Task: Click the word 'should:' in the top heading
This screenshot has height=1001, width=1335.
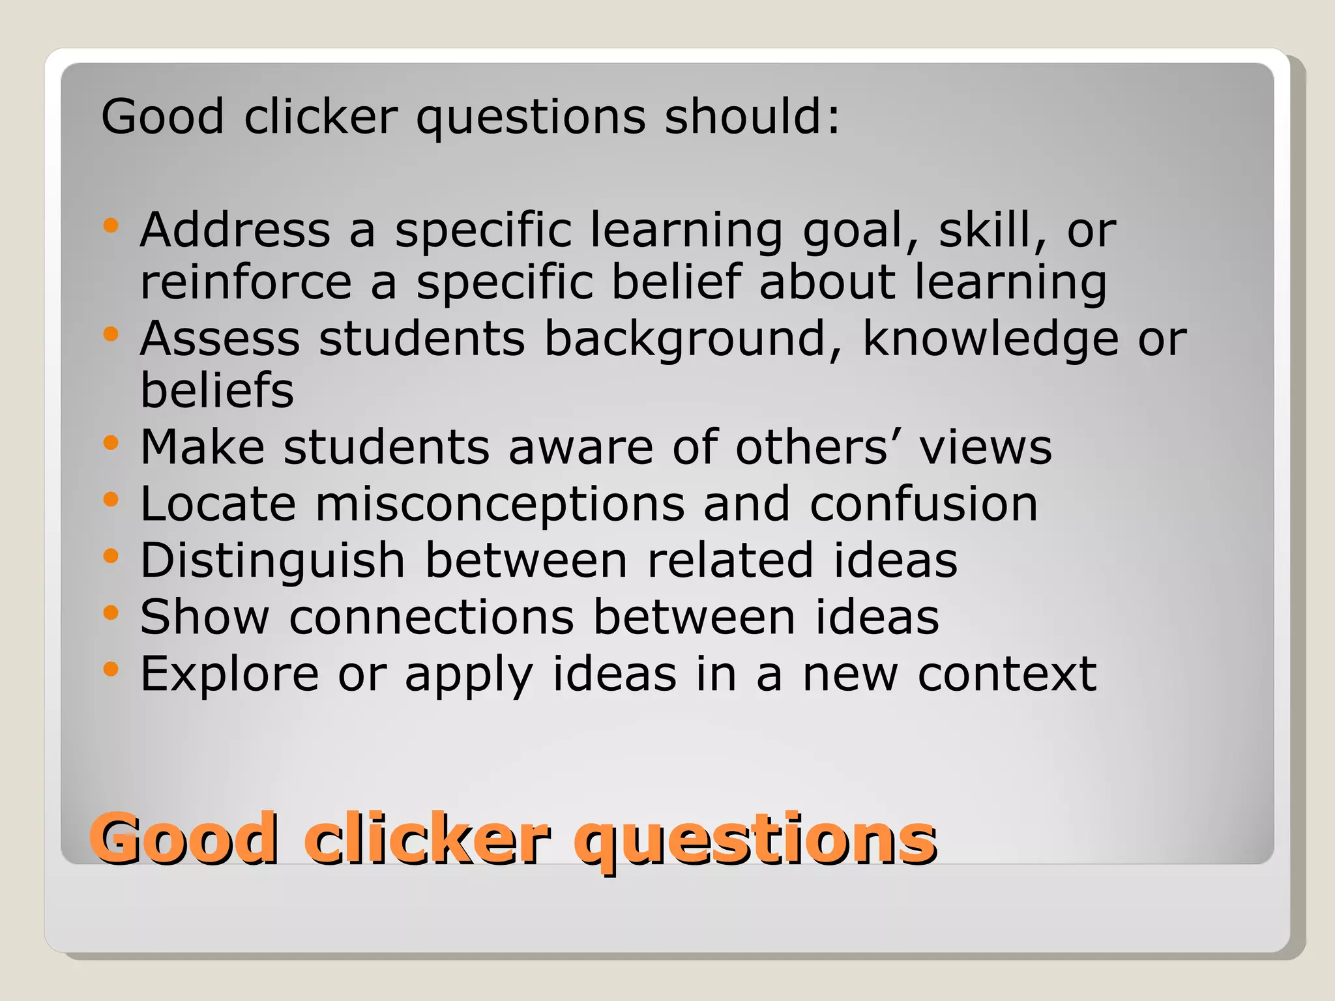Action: click(x=752, y=117)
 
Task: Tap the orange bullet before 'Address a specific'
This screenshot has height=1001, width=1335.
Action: click(x=111, y=226)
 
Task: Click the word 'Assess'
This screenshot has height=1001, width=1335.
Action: click(x=220, y=339)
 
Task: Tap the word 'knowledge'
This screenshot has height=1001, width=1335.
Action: click(x=990, y=340)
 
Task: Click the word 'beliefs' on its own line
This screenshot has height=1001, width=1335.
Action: click(x=217, y=391)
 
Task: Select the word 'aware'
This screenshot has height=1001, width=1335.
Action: click(x=581, y=448)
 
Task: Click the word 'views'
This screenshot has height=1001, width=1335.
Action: click(x=986, y=448)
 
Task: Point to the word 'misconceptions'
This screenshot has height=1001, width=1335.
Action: click(x=500, y=505)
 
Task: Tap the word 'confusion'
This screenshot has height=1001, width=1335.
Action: click(x=923, y=505)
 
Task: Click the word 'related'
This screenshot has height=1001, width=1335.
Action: click(x=730, y=560)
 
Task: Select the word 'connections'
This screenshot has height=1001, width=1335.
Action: click(x=432, y=617)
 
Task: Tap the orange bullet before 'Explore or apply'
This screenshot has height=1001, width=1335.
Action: click(x=111, y=669)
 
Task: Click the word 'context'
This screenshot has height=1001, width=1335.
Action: click(x=1007, y=675)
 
